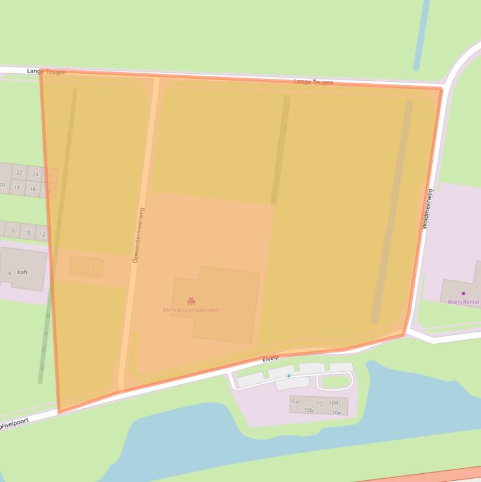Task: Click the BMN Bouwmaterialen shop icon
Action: pos(191,301)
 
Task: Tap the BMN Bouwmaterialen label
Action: pos(191,310)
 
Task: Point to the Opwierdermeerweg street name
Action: pos(138,235)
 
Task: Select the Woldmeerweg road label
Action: pos(428,208)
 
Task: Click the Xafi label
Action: pos(22,272)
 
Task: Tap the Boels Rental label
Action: pos(463,302)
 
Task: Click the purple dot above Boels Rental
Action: pos(463,293)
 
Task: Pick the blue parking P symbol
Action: pos(288,376)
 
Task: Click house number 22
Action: pos(19,173)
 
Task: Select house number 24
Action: pos(35,175)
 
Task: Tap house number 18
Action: pos(17,187)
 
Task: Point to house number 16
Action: pos(33,189)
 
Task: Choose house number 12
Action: pos(43,235)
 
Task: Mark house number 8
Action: pos(13,231)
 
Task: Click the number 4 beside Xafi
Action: pos(9,274)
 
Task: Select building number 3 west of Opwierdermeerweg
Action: pos(93,269)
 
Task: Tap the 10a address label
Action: pos(294,401)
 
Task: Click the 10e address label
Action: pos(337,413)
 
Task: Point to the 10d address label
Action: pos(333,403)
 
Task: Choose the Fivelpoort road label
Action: pos(15,424)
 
